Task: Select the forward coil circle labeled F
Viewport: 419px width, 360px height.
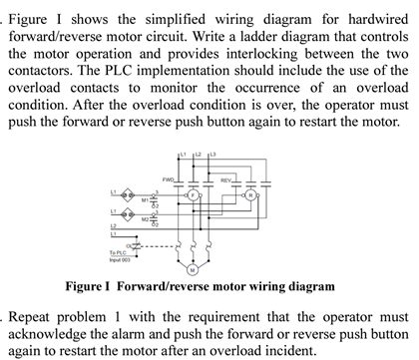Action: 196,195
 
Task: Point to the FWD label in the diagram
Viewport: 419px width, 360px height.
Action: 169,180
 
